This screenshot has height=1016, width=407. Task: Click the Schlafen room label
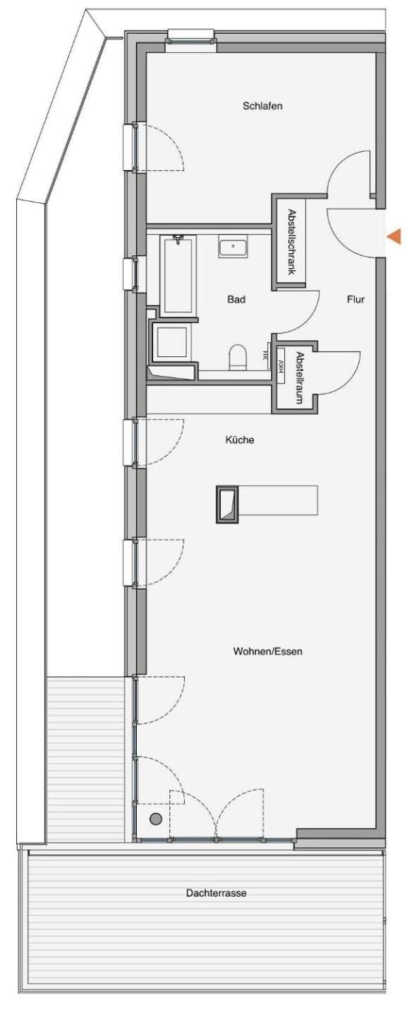(x=262, y=107)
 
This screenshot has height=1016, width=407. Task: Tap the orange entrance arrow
(x=395, y=236)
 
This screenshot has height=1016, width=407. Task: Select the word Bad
(x=236, y=300)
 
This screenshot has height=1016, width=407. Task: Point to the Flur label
(x=356, y=300)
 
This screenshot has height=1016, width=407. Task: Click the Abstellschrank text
(x=291, y=241)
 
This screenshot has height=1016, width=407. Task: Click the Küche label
(x=240, y=440)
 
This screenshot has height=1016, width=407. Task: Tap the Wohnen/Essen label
(x=267, y=651)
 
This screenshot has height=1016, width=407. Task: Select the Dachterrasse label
(x=216, y=893)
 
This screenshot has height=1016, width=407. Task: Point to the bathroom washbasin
(x=232, y=248)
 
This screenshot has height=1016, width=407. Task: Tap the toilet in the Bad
(x=238, y=356)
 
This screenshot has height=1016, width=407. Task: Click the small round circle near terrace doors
(x=156, y=818)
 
